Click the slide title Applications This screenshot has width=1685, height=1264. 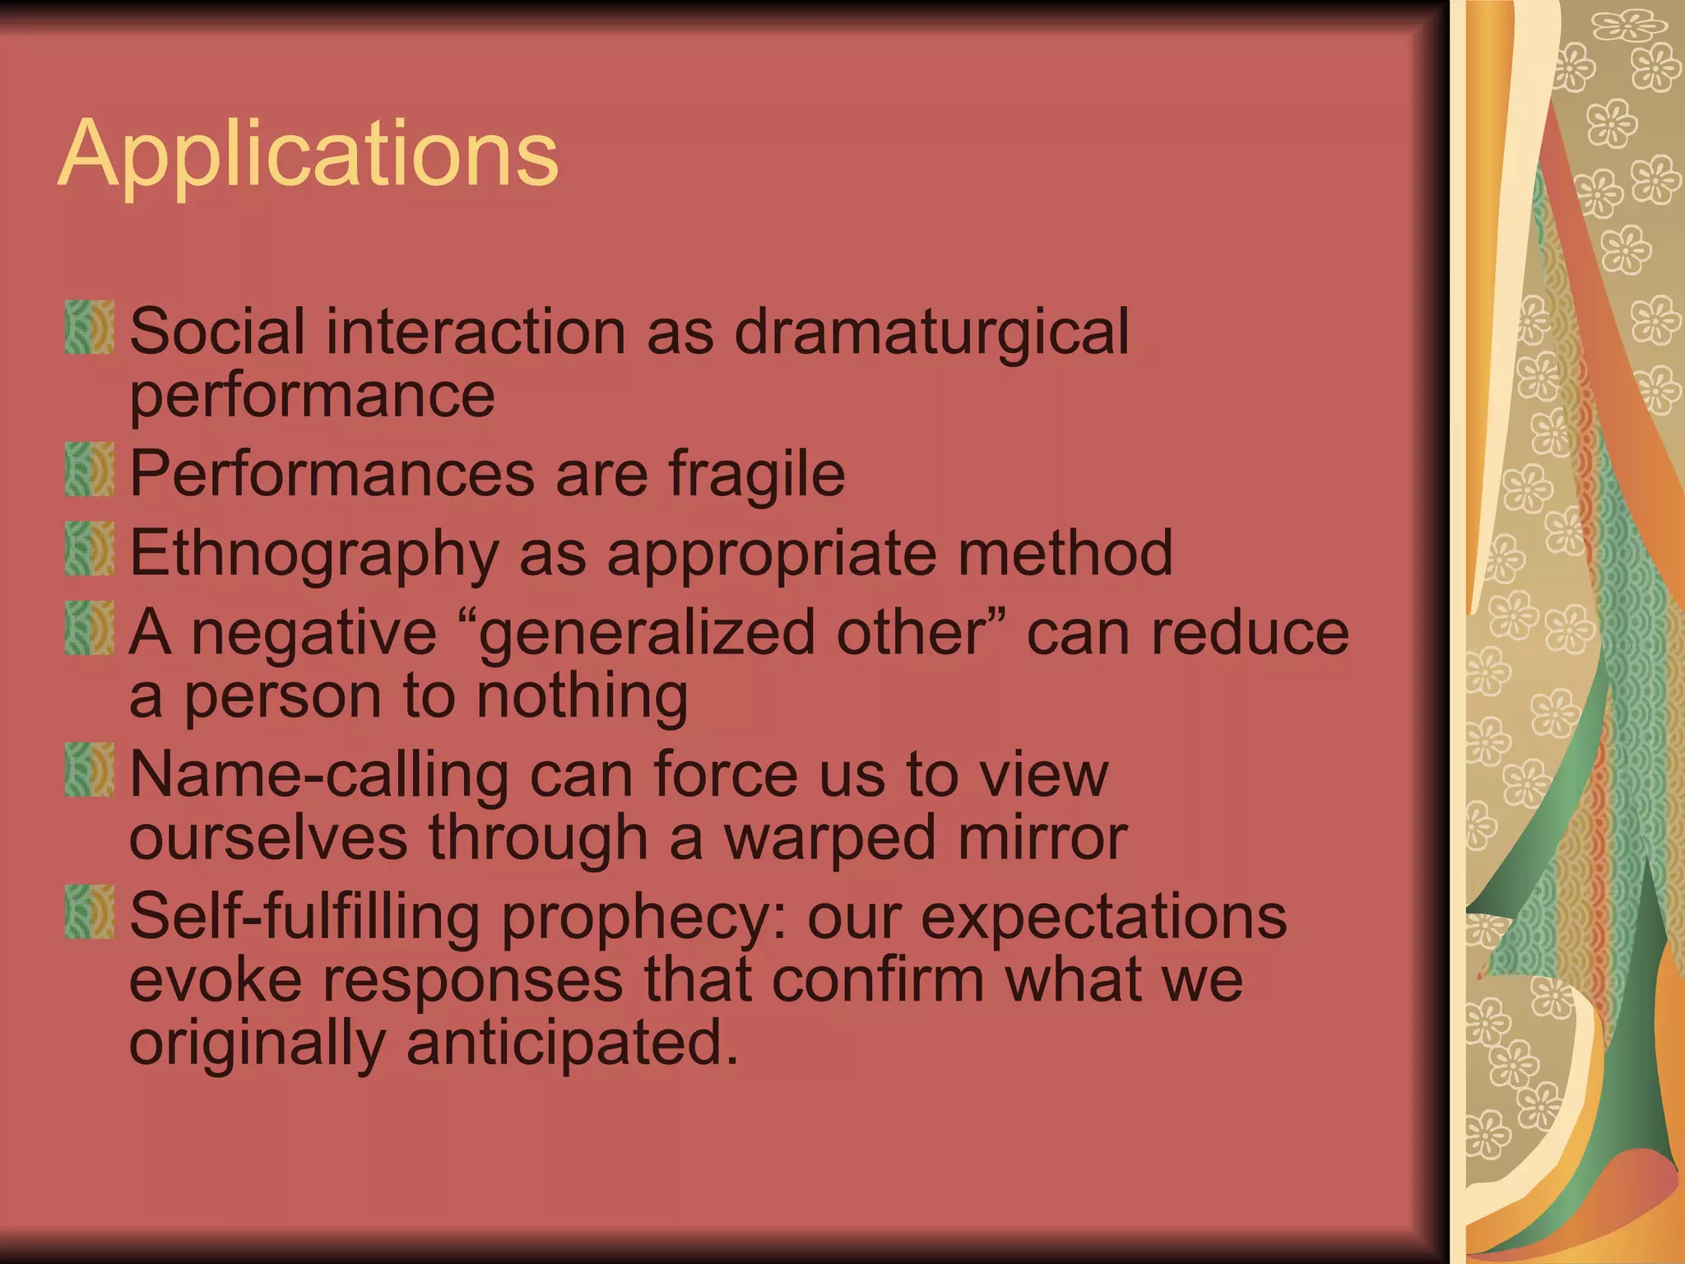pos(309,155)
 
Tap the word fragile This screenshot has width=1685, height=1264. pos(756,474)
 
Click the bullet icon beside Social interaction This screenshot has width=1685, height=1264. pos(89,328)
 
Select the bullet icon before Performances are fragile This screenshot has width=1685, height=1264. pos(89,469)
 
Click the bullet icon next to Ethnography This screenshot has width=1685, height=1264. pos(89,549)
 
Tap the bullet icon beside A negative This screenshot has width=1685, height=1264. pos(89,629)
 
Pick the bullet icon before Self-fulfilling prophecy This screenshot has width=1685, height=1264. pos(89,913)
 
